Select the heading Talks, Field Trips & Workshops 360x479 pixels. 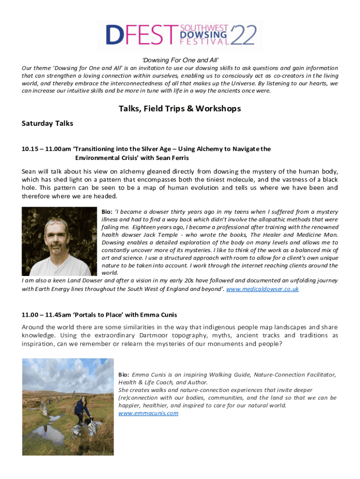pyautogui.click(x=180, y=109)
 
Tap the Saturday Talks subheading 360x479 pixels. pyautogui.click(x=47, y=124)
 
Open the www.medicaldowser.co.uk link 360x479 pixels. pyautogui.click(x=262, y=289)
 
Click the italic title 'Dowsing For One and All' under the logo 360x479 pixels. pyautogui.click(x=180, y=60)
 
